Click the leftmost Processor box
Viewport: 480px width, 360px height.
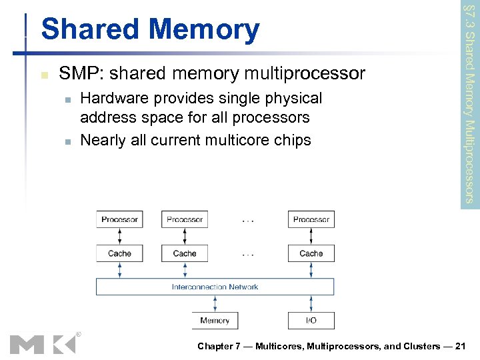(119, 219)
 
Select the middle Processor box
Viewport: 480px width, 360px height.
(185, 219)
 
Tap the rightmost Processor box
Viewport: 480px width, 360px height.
(311, 219)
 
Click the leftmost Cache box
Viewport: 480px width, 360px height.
(119, 253)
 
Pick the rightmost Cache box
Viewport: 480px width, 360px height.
(311, 253)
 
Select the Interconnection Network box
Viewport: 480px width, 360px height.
(215, 287)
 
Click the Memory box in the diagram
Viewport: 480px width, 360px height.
(215, 321)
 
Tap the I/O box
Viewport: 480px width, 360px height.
(311, 321)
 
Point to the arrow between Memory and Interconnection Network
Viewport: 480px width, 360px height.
(215, 303)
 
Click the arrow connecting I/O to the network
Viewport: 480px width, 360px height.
(311, 303)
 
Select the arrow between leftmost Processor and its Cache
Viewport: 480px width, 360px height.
(119, 236)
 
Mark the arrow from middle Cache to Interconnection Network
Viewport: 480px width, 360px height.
(185, 269)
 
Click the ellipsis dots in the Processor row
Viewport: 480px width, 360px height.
(248, 219)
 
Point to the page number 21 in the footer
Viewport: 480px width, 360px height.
(464, 346)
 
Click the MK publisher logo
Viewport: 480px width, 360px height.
(43, 343)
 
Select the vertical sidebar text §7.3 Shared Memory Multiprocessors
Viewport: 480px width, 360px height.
(469, 103)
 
